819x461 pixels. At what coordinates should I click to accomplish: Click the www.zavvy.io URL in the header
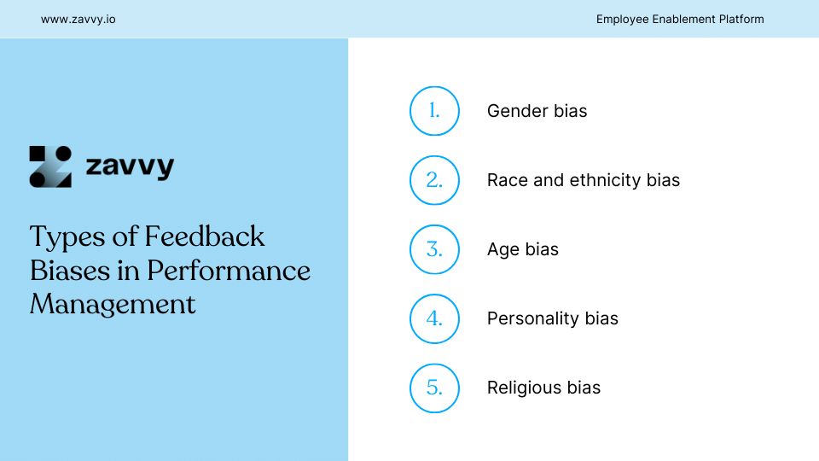pyautogui.click(x=78, y=19)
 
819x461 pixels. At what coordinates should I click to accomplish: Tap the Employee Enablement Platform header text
pyautogui.click(x=680, y=19)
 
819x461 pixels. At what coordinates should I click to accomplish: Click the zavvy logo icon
pyautogui.click(x=50, y=166)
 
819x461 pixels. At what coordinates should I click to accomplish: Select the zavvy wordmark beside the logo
pyautogui.click(x=130, y=166)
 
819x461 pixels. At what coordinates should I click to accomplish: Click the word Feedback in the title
pyautogui.click(x=205, y=236)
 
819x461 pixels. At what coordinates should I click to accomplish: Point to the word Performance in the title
pyautogui.click(x=229, y=270)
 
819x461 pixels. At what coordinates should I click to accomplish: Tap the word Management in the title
pyautogui.click(x=113, y=304)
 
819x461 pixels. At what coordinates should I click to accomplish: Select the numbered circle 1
pyautogui.click(x=434, y=111)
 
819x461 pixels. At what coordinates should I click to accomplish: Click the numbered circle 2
pyautogui.click(x=434, y=180)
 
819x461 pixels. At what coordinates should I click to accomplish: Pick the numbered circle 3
pyautogui.click(x=434, y=249)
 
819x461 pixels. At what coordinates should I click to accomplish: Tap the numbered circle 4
pyautogui.click(x=434, y=318)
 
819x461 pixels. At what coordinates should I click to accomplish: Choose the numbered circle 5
pyautogui.click(x=434, y=388)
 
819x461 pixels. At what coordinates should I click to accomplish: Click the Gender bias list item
pyautogui.click(x=537, y=111)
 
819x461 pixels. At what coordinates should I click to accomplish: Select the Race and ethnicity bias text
pyautogui.click(x=584, y=180)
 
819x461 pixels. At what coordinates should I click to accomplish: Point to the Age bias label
pyautogui.click(x=522, y=249)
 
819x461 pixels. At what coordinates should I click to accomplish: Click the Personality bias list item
pyautogui.click(x=552, y=318)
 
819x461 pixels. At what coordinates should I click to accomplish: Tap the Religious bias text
pyautogui.click(x=543, y=388)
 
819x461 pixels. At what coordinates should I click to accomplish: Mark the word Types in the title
pyautogui.click(x=64, y=236)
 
